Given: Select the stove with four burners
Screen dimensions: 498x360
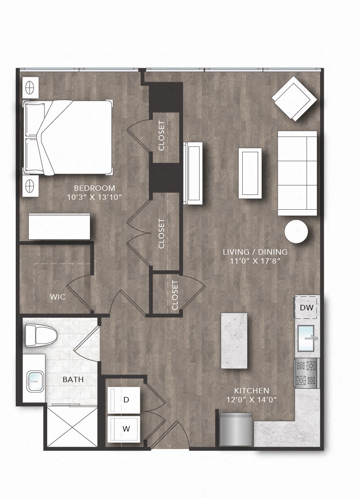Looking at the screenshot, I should [x=307, y=373].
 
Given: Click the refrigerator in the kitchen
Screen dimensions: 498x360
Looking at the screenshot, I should [x=236, y=430].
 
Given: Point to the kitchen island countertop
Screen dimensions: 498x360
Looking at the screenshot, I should [x=234, y=340].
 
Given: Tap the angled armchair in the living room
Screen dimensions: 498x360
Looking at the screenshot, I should [x=294, y=98].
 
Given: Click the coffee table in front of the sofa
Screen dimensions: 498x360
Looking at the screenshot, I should [x=250, y=173].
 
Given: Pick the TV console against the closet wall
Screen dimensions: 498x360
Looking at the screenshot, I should [x=193, y=173].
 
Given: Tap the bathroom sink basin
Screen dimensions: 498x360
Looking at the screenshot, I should [x=35, y=381].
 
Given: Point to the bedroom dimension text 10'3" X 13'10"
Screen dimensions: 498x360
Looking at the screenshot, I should [x=95, y=197].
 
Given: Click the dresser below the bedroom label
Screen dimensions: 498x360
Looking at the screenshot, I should [x=59, y=226].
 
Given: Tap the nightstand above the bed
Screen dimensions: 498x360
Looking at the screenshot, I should [x=30, y=87].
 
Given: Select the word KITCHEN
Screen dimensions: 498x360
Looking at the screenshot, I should [x=252, y=391].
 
